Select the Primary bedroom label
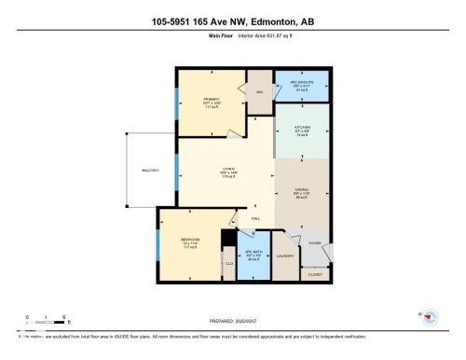point(209,100)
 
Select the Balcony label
point(149,171)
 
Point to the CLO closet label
point(229,264)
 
